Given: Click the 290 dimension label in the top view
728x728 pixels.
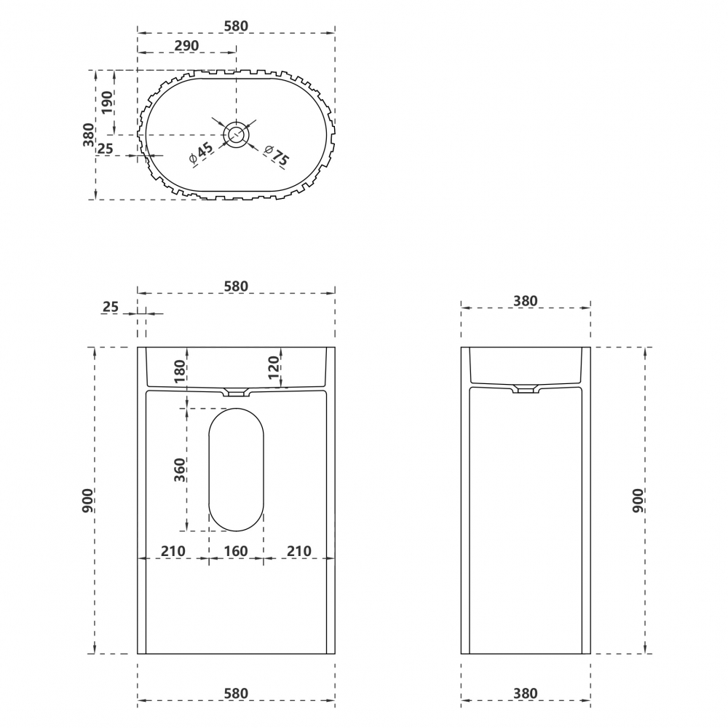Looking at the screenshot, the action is pyautogui.click(x=186, y=46).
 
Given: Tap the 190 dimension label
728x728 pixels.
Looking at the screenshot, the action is pyautogui.click(x=107, y=103).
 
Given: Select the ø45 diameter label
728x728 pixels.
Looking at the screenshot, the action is pyautogui.click(x=201, y=152).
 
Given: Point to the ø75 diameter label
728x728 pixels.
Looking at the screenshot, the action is pyautogui.click(x=276, y=155).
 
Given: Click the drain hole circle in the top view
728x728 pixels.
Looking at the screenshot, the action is pyautogui.click(x=237, y=135).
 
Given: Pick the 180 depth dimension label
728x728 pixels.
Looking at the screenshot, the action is pyautogui.click(x=179, y=371).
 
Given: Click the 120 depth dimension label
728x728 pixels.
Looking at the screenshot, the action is pyautogui.click(x=274, y=367).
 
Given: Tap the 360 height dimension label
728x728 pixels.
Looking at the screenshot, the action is pyautogui.click(x=179, y=469).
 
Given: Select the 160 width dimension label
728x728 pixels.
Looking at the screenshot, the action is pyautogui.click(x=236, y=551).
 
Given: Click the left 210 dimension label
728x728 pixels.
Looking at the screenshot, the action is pyautogui.click(x=173, y=551).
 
